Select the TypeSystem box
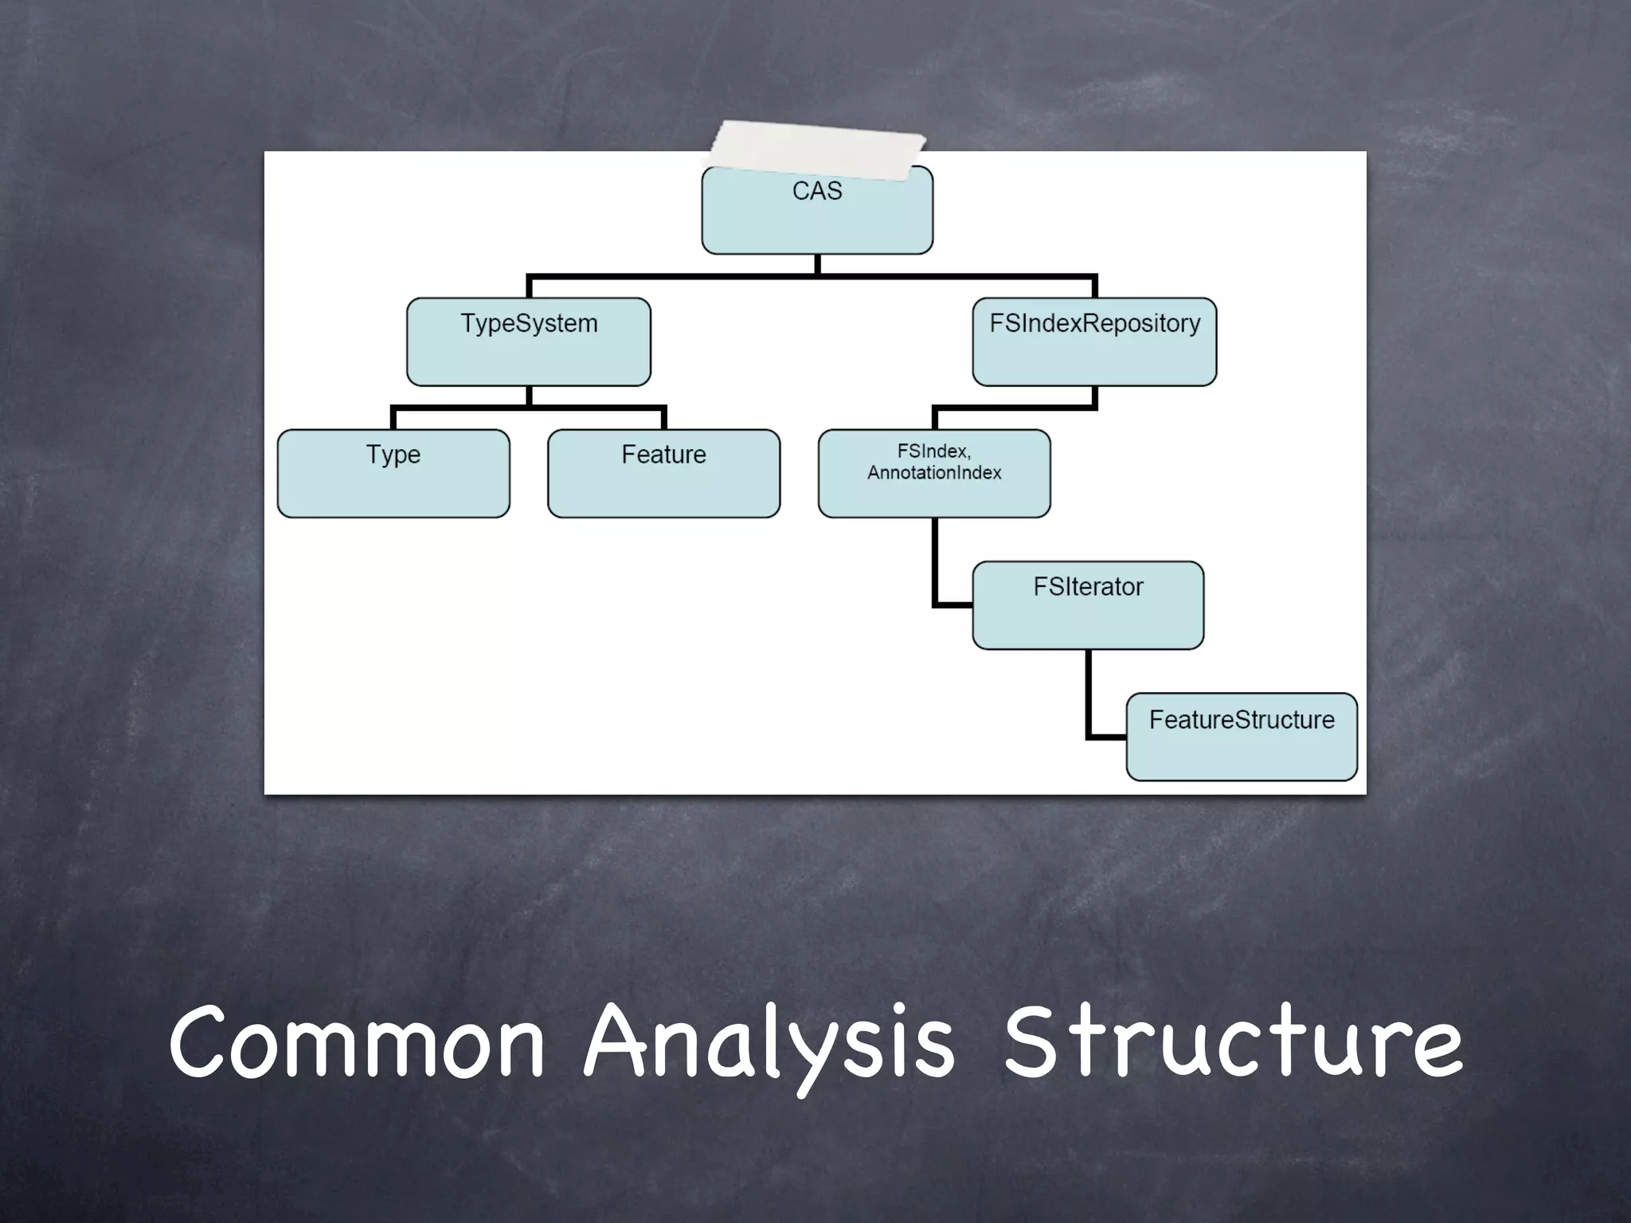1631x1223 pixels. point(529,342)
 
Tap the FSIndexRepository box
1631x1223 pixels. point(1094,342)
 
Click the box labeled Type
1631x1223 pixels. point(393,474)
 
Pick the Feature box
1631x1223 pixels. point(663,474)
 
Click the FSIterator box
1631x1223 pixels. point(1088,606)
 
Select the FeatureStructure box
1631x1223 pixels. point(1242,737)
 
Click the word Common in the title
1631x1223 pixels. point(356,1043)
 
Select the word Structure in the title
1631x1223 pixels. point(1232,1043)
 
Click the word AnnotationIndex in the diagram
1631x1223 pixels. point(934,473)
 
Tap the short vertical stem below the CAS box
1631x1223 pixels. point(818,264)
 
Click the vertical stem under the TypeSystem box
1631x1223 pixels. point(529,396)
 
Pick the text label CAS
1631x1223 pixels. point(817,192)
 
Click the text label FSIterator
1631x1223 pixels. point(1088,587)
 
